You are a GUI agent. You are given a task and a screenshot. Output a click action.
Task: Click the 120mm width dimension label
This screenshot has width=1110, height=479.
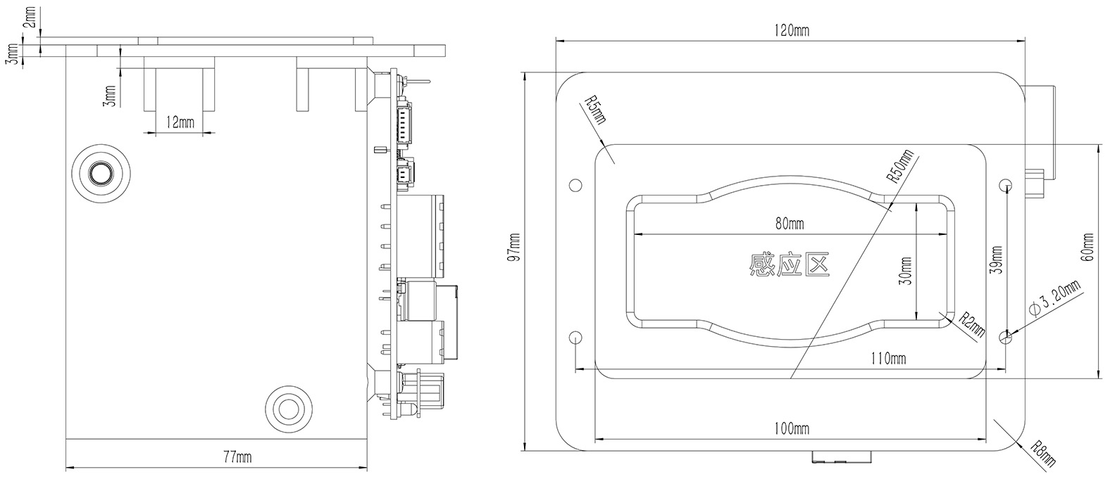pos(792,31)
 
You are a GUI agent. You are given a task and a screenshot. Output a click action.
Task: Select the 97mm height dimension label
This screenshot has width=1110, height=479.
pos(515,248)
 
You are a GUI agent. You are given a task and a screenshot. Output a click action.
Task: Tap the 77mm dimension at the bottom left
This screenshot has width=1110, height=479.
pos(237,456)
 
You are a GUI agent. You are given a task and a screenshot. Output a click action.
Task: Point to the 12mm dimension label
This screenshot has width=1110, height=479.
pos(180,122)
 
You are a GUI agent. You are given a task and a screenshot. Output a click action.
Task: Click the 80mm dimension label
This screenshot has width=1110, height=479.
pos(790,224)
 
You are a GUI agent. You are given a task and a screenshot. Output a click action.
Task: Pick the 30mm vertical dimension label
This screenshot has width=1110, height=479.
pos(905,272)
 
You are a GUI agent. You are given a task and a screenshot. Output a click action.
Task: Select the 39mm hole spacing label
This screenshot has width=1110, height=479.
pos(996,260)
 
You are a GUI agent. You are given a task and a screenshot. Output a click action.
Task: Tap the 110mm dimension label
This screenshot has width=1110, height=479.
pos(889,358)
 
